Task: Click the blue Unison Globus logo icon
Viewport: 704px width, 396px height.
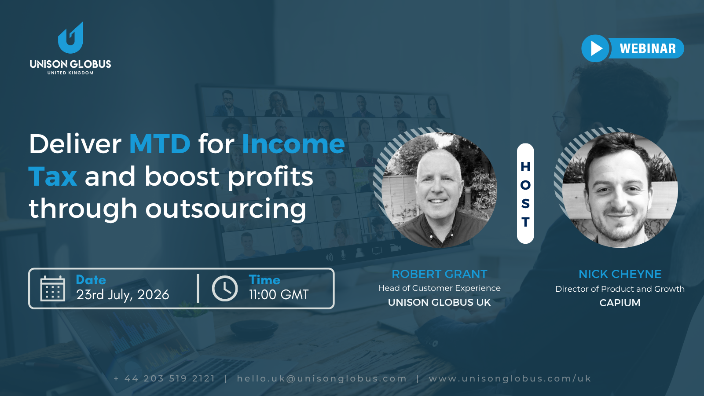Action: click(x=70, y=38)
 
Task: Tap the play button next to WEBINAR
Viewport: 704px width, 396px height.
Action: click(x=595, y=48)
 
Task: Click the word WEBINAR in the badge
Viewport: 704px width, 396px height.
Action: click(x=647, y=48)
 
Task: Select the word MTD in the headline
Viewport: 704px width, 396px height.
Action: click(x=160, y=144)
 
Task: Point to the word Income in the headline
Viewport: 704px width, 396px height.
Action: click(x=293, y=144)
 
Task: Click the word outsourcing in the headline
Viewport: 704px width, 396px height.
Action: click(x=226, y=209)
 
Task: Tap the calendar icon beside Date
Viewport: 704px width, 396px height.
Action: click(x=53, y=289)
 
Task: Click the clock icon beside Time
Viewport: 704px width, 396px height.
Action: click(x=225, y=289)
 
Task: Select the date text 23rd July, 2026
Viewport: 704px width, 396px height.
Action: click(x=123, y=295)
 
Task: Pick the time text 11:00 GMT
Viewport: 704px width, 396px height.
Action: click(x=279, y=295)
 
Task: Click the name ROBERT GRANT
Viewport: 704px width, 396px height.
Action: click(x=440, y=274)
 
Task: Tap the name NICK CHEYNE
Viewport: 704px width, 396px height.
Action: click(x=620, y=274)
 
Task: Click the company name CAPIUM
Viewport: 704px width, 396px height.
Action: click(x=620, y=303)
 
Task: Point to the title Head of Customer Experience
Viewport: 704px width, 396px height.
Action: click(x=440, y=288)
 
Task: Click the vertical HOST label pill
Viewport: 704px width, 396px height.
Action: click(x=525, y=194)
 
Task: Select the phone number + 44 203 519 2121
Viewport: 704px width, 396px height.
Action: click(x=165, y=378)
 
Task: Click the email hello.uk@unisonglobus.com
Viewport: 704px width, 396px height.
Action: click(x=322, y=378)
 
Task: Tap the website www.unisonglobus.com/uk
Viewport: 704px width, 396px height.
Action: click(x=510, y=378)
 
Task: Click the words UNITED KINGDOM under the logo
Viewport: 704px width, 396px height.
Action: click(x=70, y=73)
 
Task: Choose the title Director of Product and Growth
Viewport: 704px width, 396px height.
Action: click(x=620, y=289)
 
